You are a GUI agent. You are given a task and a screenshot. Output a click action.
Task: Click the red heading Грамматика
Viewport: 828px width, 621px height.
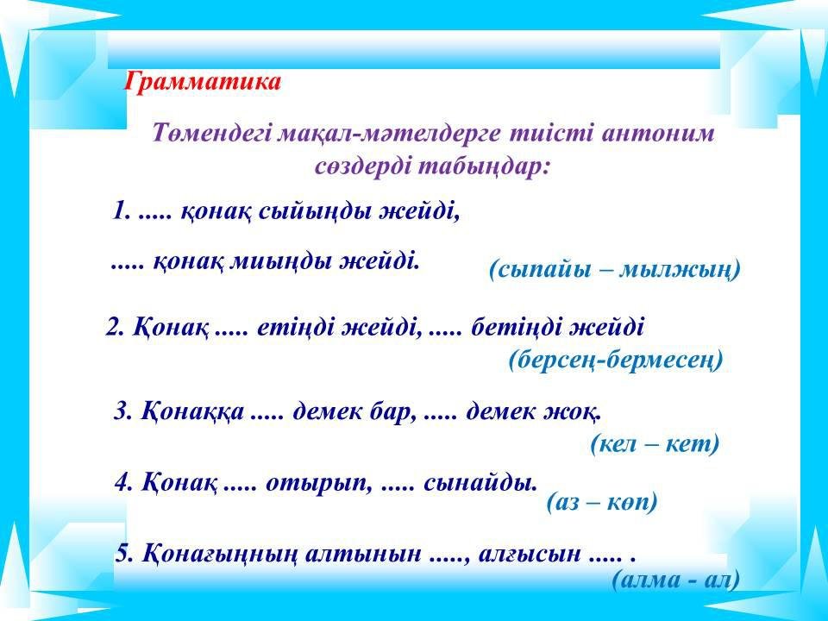pyautogui.click(x=202, y=83)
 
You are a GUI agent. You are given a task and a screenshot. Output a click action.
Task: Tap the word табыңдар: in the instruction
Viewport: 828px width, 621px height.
pyautogui.click(x=484, y=166)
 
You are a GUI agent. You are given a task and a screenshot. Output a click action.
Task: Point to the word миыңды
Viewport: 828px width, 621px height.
pyautogui.click(x=282, y=260)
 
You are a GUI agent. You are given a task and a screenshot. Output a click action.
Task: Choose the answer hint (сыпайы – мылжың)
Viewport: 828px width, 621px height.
pyautogui.click(x=615, y=269)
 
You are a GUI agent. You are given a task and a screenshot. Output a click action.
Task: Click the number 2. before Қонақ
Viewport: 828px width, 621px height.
pyautogui.click(x=115, y=328)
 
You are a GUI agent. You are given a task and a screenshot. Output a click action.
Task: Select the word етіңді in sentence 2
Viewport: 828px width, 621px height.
pyautogui.click(x=295, y=328)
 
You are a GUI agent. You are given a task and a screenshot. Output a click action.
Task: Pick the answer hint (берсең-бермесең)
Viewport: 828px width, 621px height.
pyautogui.click(x=616, y=361)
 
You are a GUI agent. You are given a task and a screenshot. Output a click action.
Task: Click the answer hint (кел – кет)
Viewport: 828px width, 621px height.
pyautogui.click(x=655, y=444)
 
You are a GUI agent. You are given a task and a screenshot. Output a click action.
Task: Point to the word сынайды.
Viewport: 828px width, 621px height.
pyautogui.click(x=480, y=483)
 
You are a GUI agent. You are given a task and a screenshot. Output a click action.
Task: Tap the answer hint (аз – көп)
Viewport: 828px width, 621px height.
pyautogui.click(x=602, y=502)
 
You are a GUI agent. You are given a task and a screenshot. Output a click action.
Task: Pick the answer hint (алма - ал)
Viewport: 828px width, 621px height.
pyautogui.click(x=676, y=580)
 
